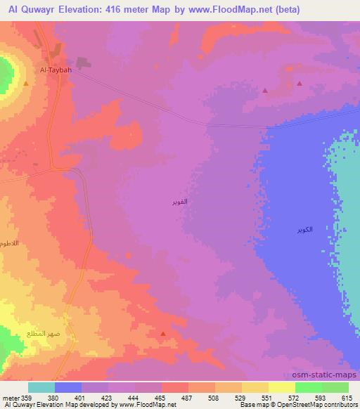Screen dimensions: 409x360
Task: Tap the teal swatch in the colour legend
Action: pyautogui.click(x=41, y=387)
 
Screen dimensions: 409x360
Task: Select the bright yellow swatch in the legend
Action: pyautogui.click(x=281, y=387)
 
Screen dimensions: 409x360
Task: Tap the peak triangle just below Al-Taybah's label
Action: pyautogui.click(x=26, y=84)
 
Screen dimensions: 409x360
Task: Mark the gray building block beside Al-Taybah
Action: pyautogui.click(x=83, y=63)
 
